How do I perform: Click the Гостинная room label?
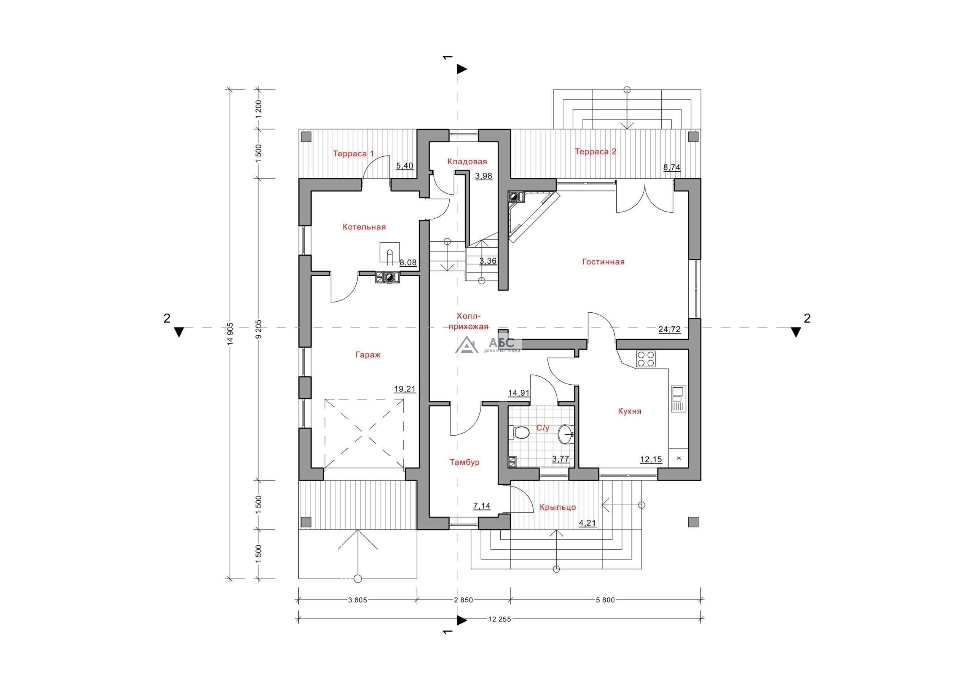(603, 262)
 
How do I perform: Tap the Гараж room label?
(368, 355)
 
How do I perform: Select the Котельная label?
(364, 227)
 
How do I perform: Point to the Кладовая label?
(467, 162)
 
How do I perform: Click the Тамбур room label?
(465, 462)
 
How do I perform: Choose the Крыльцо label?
(557, 508)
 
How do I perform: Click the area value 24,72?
(669, 329)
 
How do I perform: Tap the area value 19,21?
(405, 388)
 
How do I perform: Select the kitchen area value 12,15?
(651, 459)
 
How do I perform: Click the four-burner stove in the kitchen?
(645, 359)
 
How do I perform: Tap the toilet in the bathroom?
(519, 433)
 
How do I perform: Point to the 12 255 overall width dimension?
(499, 619)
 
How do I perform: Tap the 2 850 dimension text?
(463, 600)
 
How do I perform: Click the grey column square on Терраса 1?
(306, 137)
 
